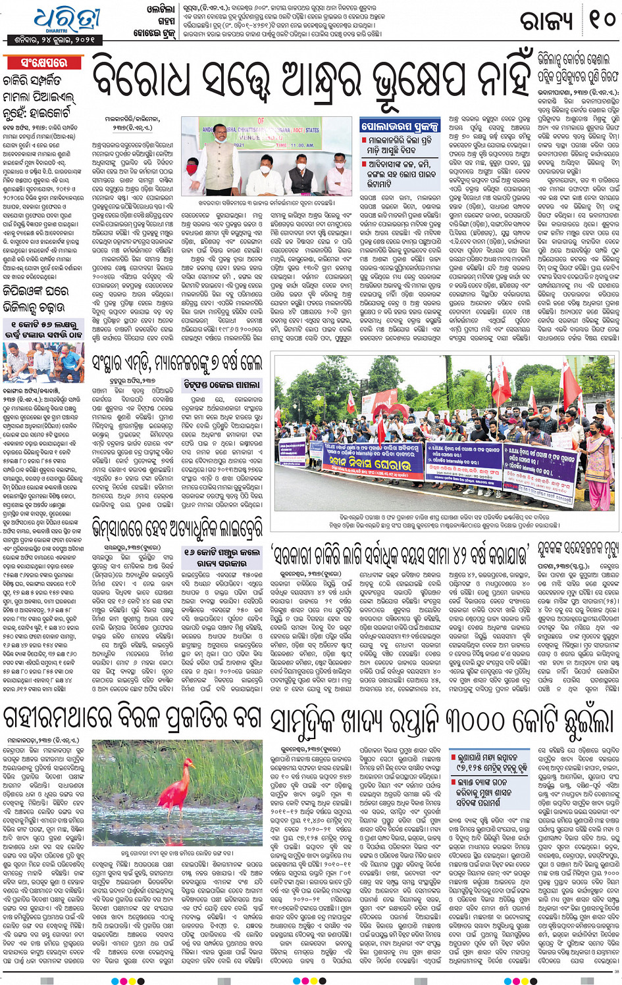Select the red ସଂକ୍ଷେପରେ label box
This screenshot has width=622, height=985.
click(43, 63)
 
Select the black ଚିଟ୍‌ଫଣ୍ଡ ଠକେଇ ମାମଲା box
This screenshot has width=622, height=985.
click(222, 385)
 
